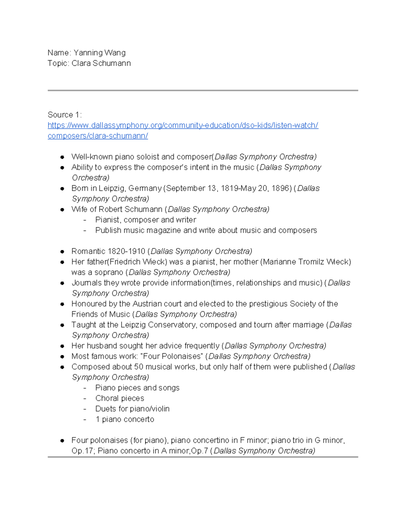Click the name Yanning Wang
(99, 53)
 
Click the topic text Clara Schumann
(101, 63)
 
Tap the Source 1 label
(64, 115)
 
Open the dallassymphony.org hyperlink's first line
(183, 125)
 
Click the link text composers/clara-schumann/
(98, 136)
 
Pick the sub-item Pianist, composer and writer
(145, 220)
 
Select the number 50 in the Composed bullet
(139, 366)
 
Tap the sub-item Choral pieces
(120, 398)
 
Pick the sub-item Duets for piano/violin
(132, 409)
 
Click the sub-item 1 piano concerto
(125, 419)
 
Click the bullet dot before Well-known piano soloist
(62, 157)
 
